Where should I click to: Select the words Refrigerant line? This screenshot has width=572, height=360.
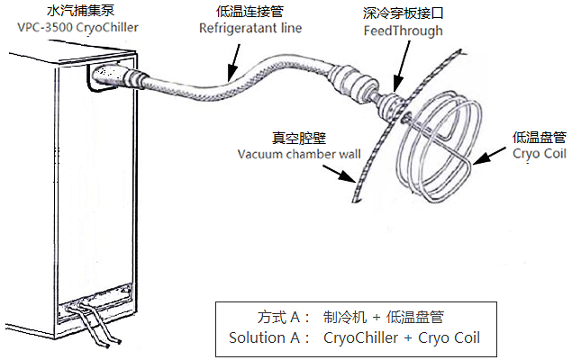(250, 28)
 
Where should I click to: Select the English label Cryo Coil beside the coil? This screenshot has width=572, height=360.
(540, 153)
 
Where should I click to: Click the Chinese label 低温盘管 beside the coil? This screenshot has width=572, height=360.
(540, 137)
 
